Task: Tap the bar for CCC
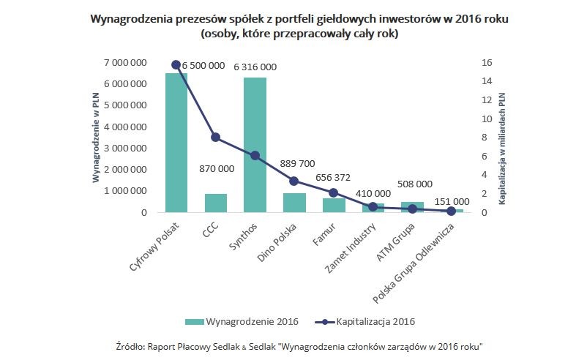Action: (215, 203)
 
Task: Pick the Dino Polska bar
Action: (294, 203)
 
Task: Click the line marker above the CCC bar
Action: (215, 137)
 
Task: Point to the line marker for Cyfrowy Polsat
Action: (176, 64)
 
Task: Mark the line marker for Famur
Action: (334, 192)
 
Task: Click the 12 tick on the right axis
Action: (487, 100)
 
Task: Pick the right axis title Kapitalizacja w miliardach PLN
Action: (502, 138)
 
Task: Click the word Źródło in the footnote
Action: (130, 345)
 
